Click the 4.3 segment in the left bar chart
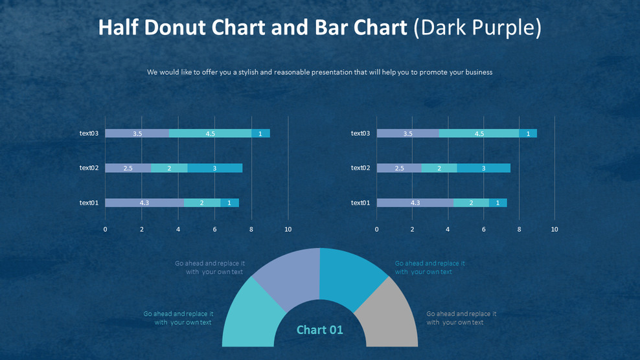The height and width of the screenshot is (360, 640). [x=144, y=203]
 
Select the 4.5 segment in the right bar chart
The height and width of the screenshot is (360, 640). [x=479, y=133]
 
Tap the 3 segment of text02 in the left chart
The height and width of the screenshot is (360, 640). [x=215, y=168]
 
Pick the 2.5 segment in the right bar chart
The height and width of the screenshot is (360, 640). [x=399, y=168]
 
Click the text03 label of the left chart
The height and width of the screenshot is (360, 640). [x=89, y=133]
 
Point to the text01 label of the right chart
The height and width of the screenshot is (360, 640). [x=360, y=203]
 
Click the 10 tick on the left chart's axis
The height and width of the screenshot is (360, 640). [x=288, y=229]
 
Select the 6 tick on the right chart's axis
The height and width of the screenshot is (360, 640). [x=483, y=229]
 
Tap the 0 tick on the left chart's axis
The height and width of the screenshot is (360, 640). [x=106, y=229]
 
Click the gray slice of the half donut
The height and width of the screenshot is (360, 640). [x=389, y=314]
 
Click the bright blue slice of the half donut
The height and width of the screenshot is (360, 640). [x=350, y=275]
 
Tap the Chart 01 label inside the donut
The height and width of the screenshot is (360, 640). [x=320, y=330]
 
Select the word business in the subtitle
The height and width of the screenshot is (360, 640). [x=476, y=72]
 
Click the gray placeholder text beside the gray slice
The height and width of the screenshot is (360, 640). [x=461, y=318]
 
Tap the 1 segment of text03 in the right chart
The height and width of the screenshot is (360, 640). [x=528, y=133]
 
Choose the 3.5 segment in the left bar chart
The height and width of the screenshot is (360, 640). [x=137, y=133]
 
